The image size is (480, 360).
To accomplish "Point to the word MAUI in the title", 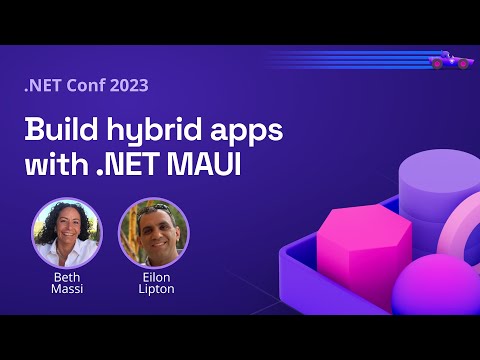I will point(206,165).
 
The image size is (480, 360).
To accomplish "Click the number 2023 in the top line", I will point(125,85).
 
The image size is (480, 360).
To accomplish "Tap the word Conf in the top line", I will point(79,85).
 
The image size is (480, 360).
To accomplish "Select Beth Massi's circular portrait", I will point(67,233).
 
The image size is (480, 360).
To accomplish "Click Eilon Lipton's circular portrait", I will point(153,233).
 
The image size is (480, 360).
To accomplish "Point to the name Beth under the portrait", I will point(67,276).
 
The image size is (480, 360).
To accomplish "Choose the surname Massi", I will point(67,289).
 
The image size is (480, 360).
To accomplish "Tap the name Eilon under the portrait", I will point(154,276).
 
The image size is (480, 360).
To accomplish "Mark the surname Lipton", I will point(154,289).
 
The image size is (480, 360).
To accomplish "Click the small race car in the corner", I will point(450,61).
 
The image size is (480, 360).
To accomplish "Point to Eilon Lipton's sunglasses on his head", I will point(154,207).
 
